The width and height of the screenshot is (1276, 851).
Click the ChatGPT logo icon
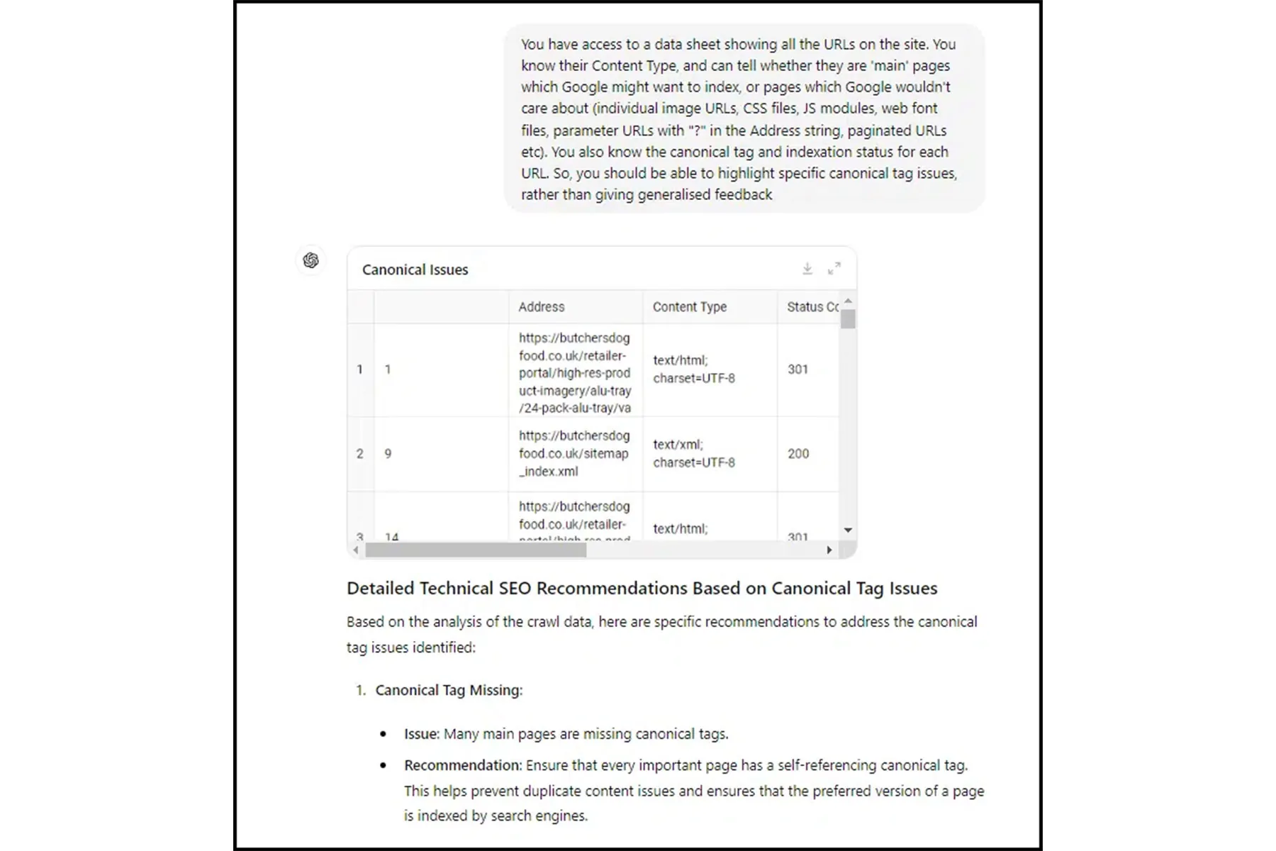pos(310,260)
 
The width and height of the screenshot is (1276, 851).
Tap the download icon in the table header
pos(807,269)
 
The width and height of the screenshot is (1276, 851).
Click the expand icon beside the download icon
pos(834,269)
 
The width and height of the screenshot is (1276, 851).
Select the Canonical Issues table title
pos(415,269)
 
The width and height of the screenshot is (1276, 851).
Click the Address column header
pos(541,307)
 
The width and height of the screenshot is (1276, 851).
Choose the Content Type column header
pos(689,307)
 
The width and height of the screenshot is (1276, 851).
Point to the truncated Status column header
pos(812,307)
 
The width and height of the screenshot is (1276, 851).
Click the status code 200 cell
pos(798,454)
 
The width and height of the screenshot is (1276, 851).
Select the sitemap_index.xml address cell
pos(573,454)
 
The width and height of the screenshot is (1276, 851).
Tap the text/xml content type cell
pos(693,454)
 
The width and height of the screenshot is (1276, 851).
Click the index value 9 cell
pos(388,454)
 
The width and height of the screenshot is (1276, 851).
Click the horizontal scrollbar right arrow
pos(829,550)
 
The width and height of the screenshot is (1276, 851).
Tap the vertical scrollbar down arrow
pos(848,530)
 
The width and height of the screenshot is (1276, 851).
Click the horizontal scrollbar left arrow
pos(356,550)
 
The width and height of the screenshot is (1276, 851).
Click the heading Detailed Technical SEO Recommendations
pos(642,589)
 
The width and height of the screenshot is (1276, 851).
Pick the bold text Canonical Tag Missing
pos(449,691)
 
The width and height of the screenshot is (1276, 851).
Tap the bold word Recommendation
pos(462,766)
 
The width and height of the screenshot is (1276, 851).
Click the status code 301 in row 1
pos(798,369)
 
